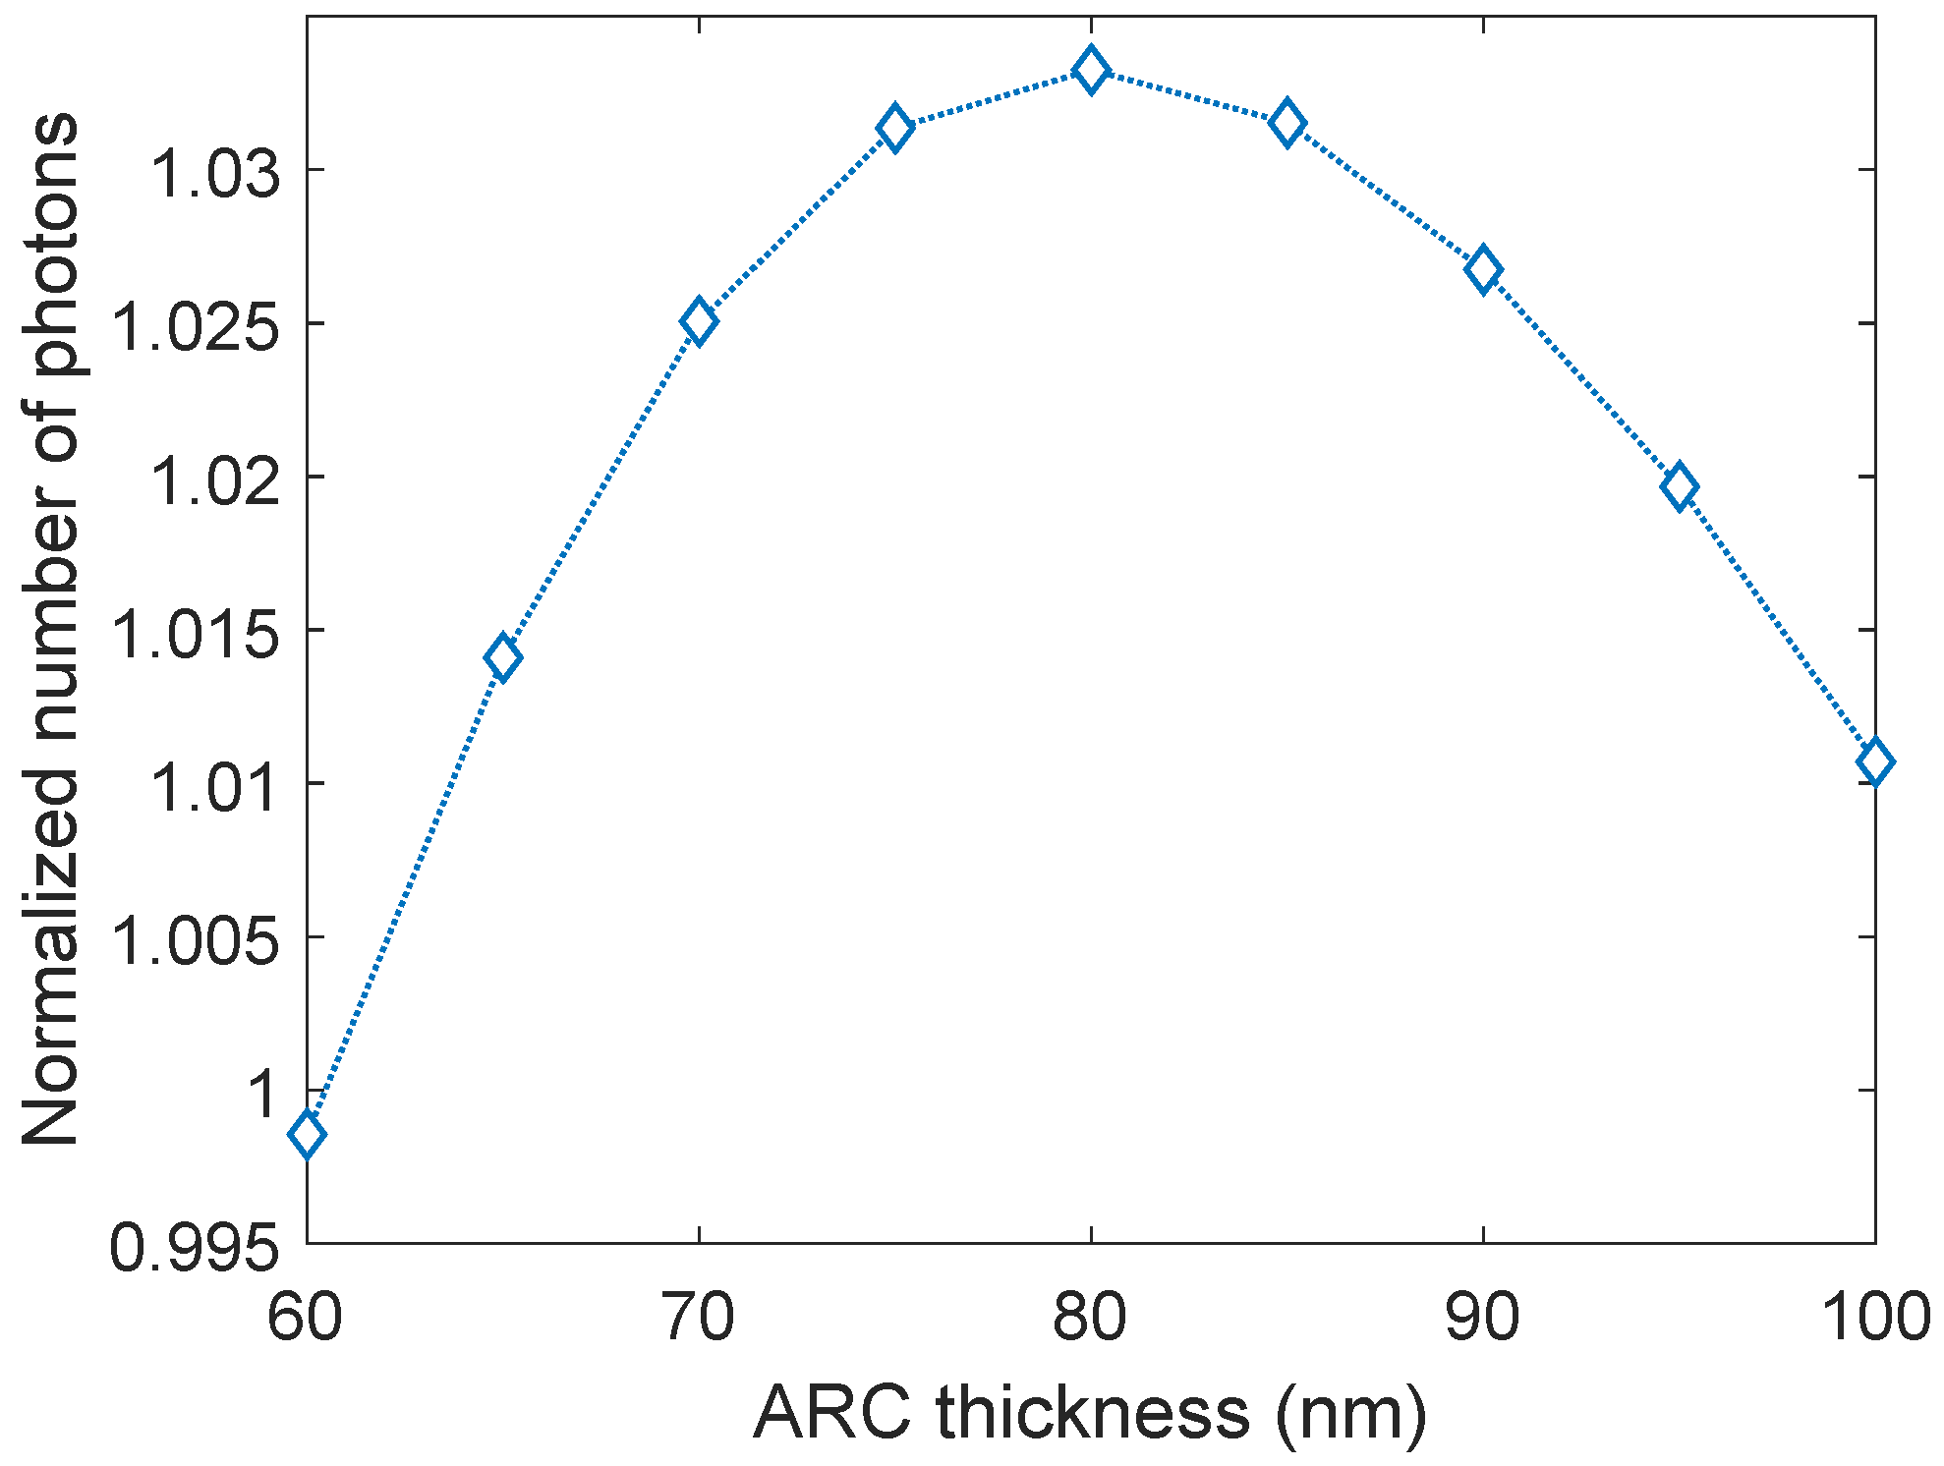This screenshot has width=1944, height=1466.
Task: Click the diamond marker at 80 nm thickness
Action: tap(1090, 71)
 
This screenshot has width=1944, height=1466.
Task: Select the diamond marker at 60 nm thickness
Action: tap(307, 1135)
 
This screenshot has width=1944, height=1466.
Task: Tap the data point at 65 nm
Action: tap(502, 657)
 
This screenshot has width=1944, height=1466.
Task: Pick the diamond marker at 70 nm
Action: tap(698, 321)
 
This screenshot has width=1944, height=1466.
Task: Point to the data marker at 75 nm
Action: tap(894, 128)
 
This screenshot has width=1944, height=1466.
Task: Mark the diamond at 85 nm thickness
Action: tap(1286, 124)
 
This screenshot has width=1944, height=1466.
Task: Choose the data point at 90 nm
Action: tap(1482, 269)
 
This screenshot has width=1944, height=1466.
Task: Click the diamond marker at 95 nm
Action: tap(1679, 487)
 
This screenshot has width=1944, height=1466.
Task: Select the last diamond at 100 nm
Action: tap(1874, 761)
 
